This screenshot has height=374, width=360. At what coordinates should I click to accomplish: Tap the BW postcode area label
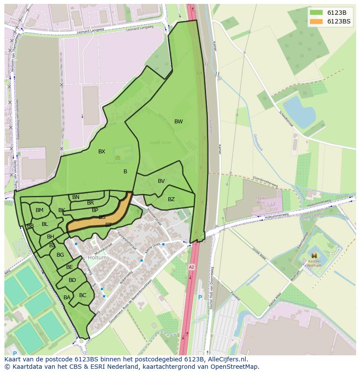178,122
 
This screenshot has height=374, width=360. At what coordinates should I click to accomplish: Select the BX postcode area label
102,152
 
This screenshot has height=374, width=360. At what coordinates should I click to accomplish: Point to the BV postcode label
161,181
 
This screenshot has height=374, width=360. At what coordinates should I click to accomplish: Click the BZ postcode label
171,199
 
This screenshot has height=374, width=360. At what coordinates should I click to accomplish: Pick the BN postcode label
76,197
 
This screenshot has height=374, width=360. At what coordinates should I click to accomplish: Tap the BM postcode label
40,210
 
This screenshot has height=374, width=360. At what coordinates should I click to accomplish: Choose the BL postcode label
45,224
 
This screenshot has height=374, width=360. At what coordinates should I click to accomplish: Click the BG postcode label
60,255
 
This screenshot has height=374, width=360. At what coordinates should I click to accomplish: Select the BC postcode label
83,295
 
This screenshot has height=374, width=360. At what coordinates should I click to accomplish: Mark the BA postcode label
67,298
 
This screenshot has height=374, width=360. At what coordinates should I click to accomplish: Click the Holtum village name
97,258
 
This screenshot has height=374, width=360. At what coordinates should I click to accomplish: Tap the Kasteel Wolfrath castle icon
314,256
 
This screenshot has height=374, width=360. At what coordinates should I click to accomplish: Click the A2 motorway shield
191,266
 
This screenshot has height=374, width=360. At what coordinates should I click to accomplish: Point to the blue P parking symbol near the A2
200,298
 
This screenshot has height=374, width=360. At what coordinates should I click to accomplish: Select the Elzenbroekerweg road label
265,182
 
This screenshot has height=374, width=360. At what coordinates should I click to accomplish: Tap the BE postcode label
70,267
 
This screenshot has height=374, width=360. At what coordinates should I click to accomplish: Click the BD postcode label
72,280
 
